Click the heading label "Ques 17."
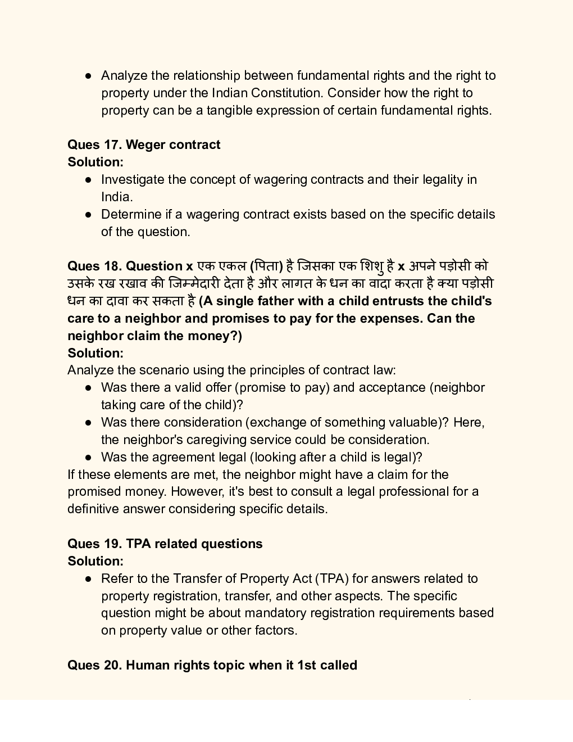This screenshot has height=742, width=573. click(x=94, y=144)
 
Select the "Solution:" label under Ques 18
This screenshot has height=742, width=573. click(x=95, y=353)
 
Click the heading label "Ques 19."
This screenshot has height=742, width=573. click(x=94, y=544)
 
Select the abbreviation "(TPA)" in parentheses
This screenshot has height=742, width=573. click(x=332, y=578)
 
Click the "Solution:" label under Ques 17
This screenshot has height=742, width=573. click(x=95, y=162)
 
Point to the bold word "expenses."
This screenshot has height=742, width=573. click(x=391, y=318)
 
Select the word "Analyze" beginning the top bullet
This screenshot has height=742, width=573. click(x=124, y=75)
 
